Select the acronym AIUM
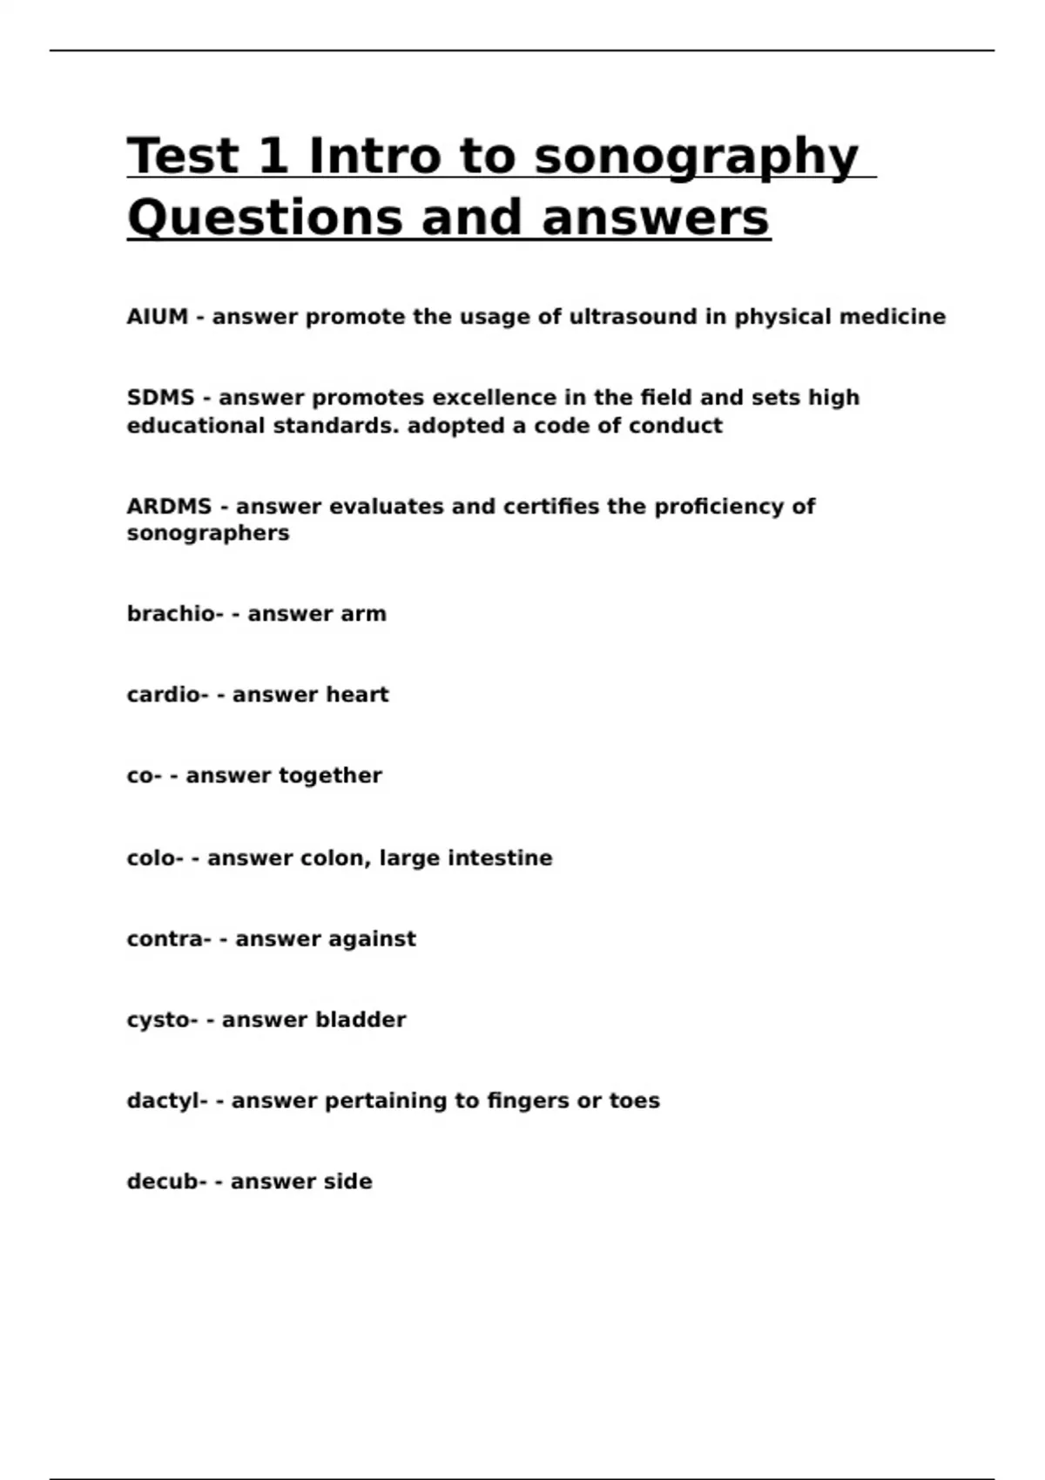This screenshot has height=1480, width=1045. [x=158, y=317]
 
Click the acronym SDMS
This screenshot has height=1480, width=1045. [x=160, y=398]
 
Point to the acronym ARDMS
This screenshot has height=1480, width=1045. [x=169, y=507]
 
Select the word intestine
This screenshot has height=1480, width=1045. [x=500, y=858]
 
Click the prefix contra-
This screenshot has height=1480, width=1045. [x=169, y=939]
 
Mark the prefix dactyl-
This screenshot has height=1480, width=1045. [x=167, y=1101]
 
